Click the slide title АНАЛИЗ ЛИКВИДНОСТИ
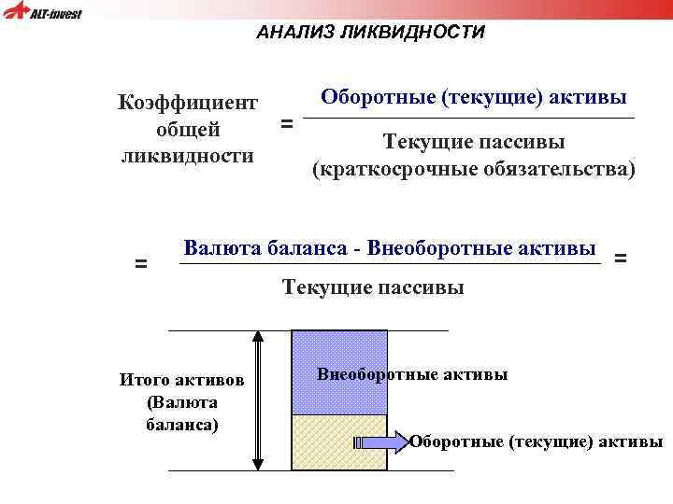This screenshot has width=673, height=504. [371, 33]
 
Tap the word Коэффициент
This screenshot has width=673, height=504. [188, 102]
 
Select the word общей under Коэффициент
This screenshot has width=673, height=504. [188, 128]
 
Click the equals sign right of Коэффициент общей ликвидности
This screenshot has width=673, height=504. [286, 123]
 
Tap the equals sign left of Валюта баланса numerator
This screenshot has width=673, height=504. [140, 264]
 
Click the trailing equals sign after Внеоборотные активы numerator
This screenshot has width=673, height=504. [621, 257]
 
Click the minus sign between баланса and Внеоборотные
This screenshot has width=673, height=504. [357, 249]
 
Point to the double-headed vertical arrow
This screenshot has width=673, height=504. [259, 400]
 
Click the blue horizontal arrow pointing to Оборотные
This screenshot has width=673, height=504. [380, 441]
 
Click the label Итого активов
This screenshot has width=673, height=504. [182, 380]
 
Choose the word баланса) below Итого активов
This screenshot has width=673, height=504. [182, 425]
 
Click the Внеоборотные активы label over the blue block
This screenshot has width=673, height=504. [412, 374]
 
